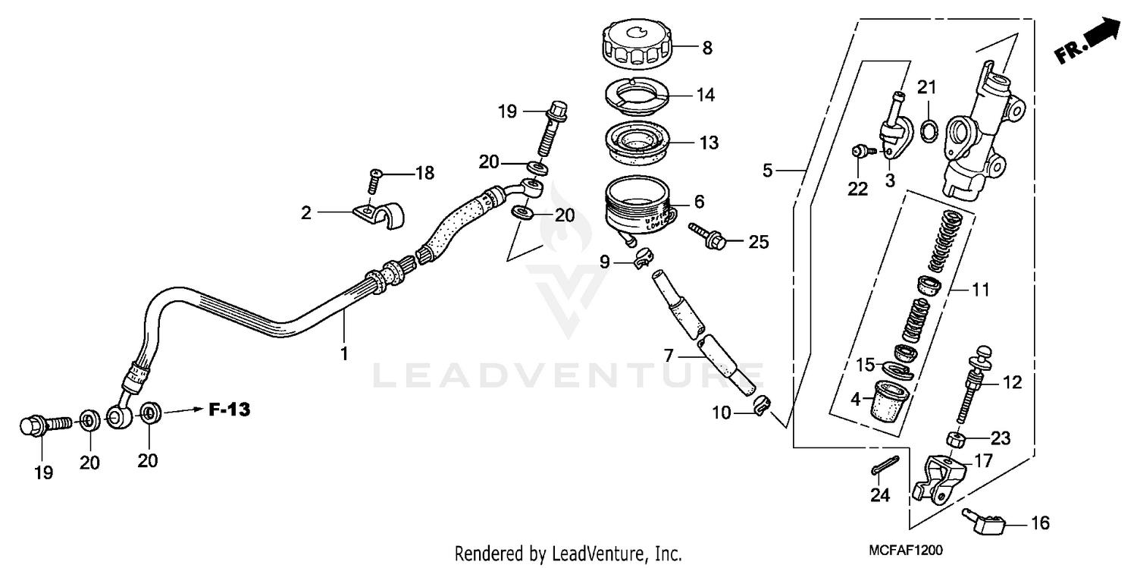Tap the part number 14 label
pyautogui.click(x=706, y=96)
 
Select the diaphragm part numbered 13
pyautogui.click(x=638, y=142)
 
